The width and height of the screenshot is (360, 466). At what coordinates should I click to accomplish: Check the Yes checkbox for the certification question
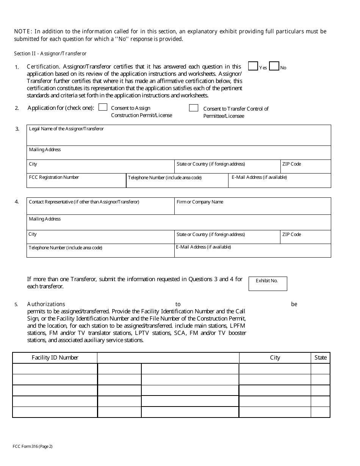[253, 66]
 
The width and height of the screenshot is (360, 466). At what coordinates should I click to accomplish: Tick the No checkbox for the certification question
[274, 66]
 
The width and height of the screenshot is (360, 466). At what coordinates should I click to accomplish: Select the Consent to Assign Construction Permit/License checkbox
[103, 107]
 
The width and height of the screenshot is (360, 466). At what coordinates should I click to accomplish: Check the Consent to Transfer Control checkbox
[194, 108]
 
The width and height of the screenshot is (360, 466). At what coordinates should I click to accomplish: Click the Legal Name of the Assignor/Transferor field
[178, 138]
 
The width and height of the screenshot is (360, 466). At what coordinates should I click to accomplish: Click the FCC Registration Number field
[76, 182]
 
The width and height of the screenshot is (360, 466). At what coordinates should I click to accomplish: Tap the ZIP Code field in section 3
[305, 168]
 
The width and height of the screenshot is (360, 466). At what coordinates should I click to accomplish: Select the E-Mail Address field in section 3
[279, 182]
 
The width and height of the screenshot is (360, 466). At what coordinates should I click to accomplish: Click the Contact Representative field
[100, 208]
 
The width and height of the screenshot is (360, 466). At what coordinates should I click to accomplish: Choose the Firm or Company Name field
[252, 208]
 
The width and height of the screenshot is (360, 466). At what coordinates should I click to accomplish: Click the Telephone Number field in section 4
[100, 252]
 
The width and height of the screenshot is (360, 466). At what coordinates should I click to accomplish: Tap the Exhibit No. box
[268, 283]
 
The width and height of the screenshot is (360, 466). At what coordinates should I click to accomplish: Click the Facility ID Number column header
[55, 358]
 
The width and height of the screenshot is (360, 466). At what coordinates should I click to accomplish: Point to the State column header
[320, 358]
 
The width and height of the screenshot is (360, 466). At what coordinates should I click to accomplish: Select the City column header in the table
[275, 358]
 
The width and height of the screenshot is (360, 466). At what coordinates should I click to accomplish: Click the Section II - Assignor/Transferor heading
[50, 54]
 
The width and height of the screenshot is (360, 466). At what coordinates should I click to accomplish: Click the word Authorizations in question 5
[46, 304]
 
